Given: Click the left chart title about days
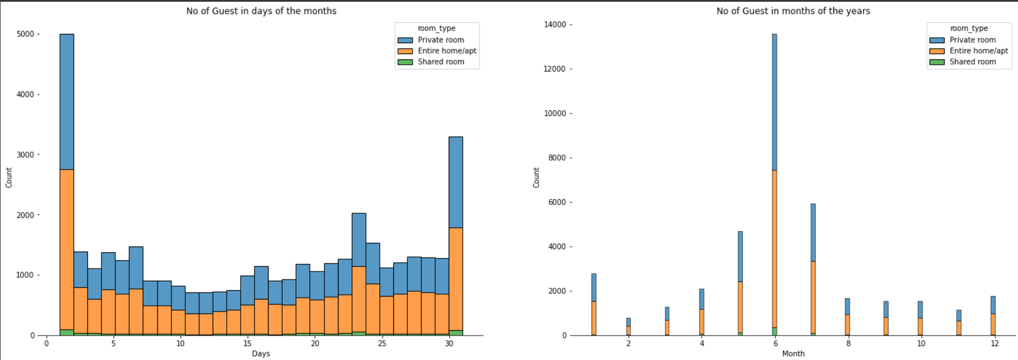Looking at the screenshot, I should click(261, 11).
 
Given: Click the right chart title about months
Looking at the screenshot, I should click(793, 11).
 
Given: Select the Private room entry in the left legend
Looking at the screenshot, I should click(441, 40).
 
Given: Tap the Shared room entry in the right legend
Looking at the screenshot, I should click(973, 62).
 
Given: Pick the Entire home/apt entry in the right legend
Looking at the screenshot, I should click(978, 51).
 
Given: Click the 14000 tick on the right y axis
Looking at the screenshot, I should click(555, 24).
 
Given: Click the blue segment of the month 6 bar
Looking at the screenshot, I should click(774, 102).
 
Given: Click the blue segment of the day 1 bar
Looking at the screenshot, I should click(66, 101).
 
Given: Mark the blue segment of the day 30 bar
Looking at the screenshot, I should click(456, 182).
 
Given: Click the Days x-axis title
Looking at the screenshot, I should click(260, 354).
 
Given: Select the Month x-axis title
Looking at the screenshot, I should click(793, 354).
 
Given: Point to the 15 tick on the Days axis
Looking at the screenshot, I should click(247, 343).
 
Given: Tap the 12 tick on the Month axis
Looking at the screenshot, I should click(994, 343).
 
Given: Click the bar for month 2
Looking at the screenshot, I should click(628, 327).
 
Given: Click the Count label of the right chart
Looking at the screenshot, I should click(536, 177).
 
